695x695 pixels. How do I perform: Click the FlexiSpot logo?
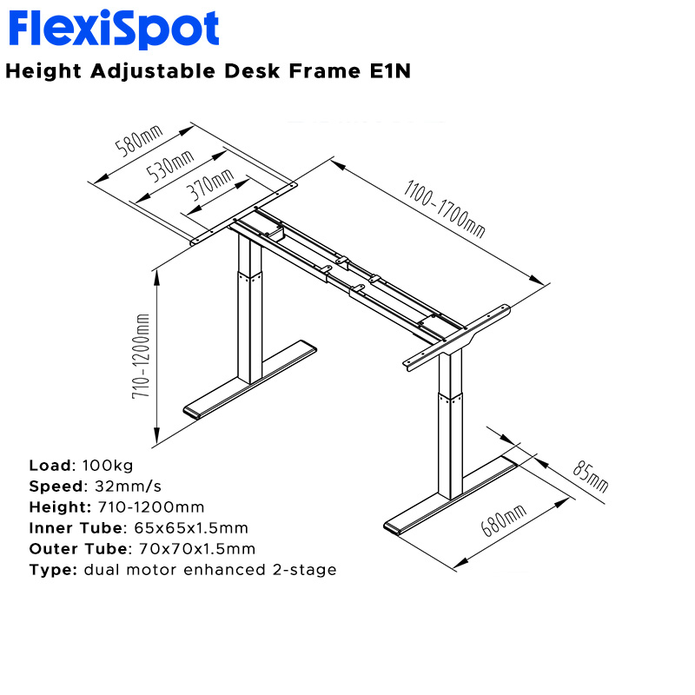114,30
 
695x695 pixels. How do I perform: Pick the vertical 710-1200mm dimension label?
142,355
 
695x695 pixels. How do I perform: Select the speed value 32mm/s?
121,486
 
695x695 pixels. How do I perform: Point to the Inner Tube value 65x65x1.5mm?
191,528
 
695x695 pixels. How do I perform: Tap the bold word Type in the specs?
53,570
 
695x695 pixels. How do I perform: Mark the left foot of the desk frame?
251,379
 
